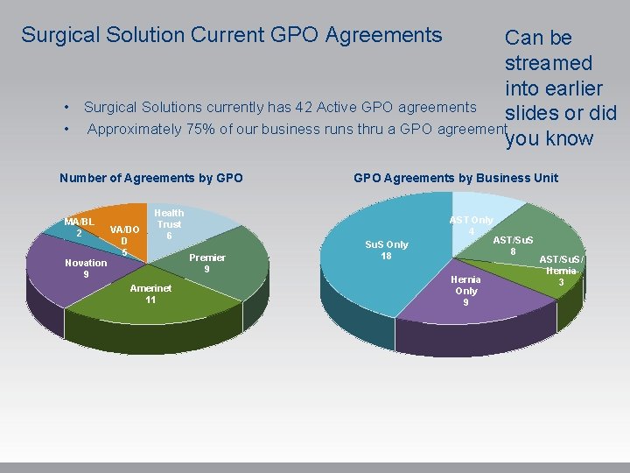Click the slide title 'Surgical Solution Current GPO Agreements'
tap(231, 35)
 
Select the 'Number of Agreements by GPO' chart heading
tap(150, 178)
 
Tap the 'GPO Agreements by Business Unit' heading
tap(455, 178)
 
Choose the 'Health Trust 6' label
tap(169, 224)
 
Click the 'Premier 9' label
tap(206, 264)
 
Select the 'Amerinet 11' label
tap(150, 293)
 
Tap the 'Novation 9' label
tap(86, 269)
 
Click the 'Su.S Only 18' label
tap(386, 251)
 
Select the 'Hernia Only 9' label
tap(465, 291)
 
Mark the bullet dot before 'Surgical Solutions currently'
tap(66, 108)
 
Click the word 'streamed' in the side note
tap(548, 63)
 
